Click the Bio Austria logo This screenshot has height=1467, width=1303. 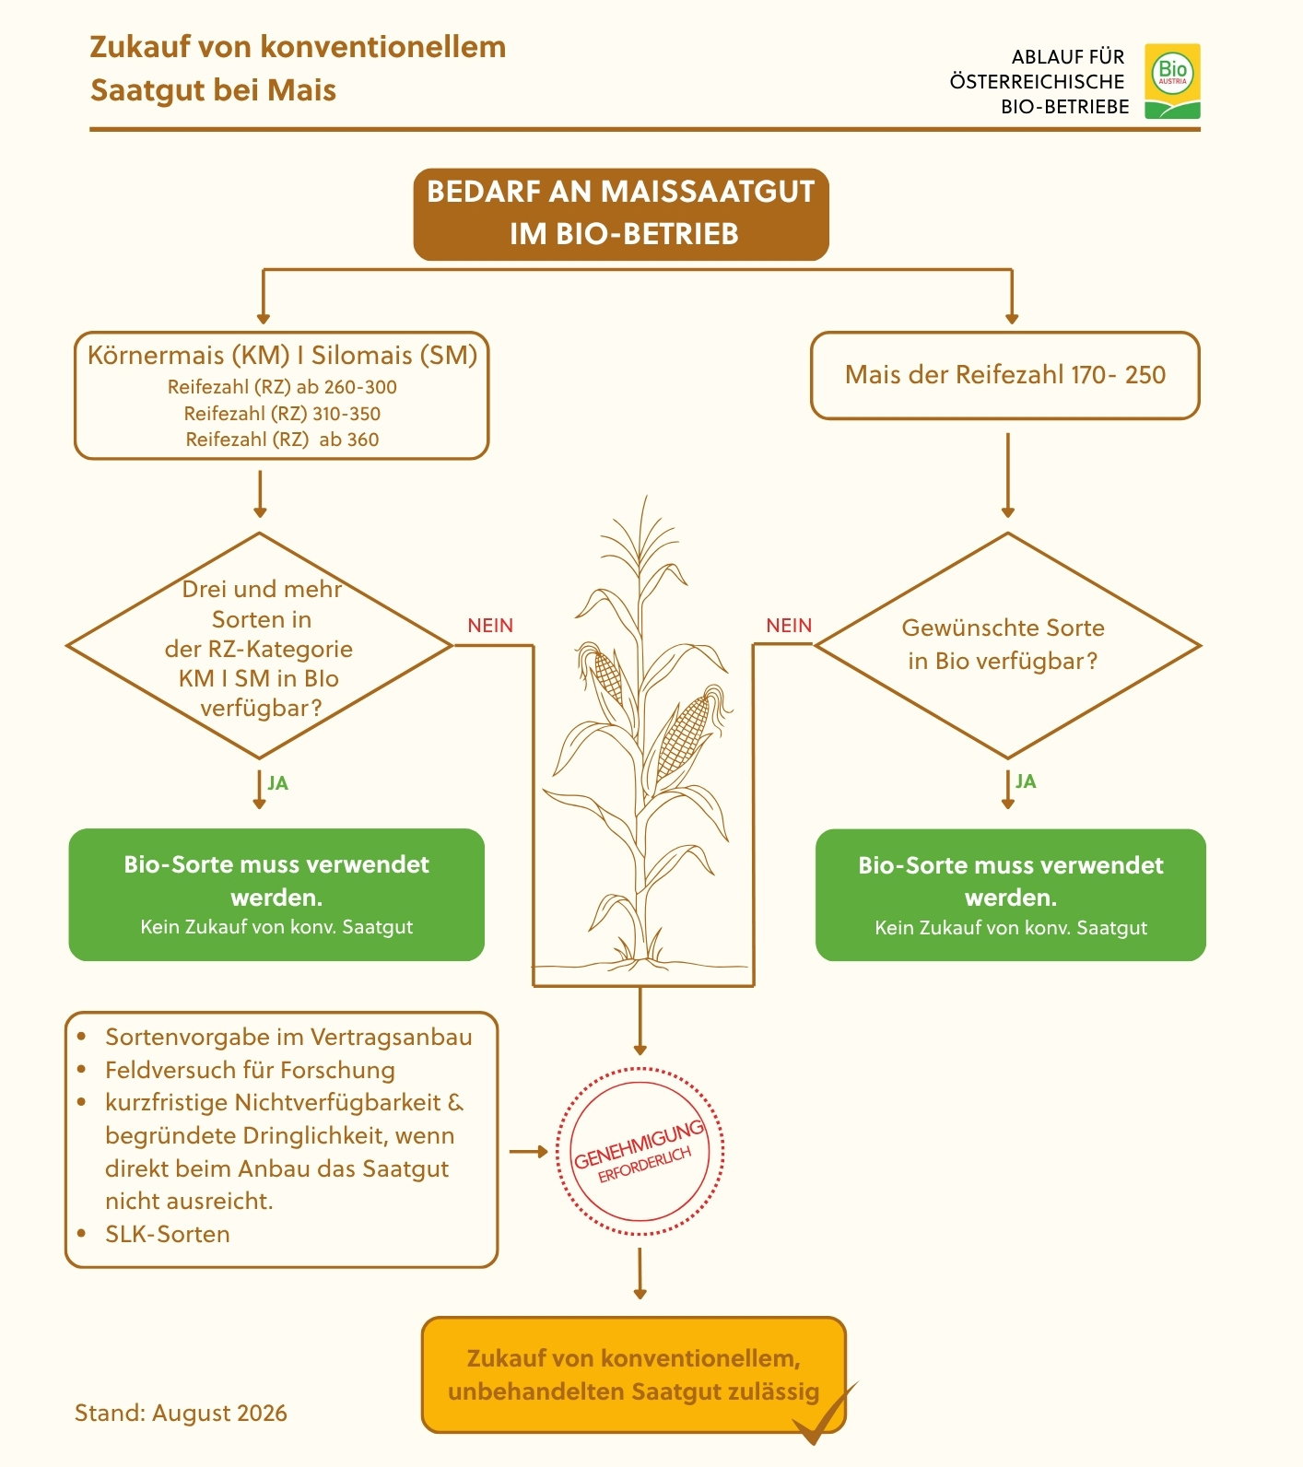pyautogui.click(x=1172, y=81)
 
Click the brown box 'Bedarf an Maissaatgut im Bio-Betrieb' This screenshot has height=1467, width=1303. pyautogui.click(x=621, y=214)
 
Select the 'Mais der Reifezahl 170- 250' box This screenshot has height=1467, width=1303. pyautogui.click(x=1004, y=375)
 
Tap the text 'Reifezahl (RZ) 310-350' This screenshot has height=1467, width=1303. pyautogui.click(x=282, y=414)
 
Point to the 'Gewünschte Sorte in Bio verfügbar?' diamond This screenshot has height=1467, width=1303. pyautogui.click(x=1007, y=645)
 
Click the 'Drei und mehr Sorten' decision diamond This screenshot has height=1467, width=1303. pyautogui.click(x=260, y=645)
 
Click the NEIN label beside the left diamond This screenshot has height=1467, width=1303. pyautogui.click(x=490, y=625)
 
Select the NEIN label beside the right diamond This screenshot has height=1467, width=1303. pyautogui.click(x=789, y=625)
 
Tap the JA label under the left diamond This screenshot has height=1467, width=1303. pyautogui.click(x=278, y=783)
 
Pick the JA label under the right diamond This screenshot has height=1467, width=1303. pyautogui.click(x=1026, y=781)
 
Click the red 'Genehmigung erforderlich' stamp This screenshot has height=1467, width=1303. pyautogui.click(x=640, y=1151)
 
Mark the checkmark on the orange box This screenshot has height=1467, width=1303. pyautogui.click(x=823, y=1415)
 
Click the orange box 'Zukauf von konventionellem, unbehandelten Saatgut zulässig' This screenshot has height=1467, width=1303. pyautogui.click(x=634, y=1375)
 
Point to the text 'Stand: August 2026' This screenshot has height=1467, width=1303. pyautogui.click(x=181, y=1413)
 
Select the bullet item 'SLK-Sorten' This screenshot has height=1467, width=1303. pyautogui.click(x=167, y=1234)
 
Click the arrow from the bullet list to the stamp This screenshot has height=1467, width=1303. pyautogui.click(x=529, y=1151)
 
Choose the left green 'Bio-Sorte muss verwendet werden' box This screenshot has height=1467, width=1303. pyautogui.click(x=276, y=895)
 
